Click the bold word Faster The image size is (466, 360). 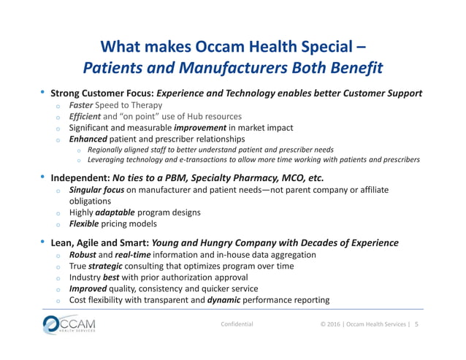tap(83, 105)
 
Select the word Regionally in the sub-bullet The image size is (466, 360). tap(107, 149)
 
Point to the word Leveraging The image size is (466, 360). tap(107, 159)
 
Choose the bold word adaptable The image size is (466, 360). tap(115, 212)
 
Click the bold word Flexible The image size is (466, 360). tap(86, 223)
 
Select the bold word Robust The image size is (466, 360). tap(83, 255)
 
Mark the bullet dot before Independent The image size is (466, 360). tap(43, 177)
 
